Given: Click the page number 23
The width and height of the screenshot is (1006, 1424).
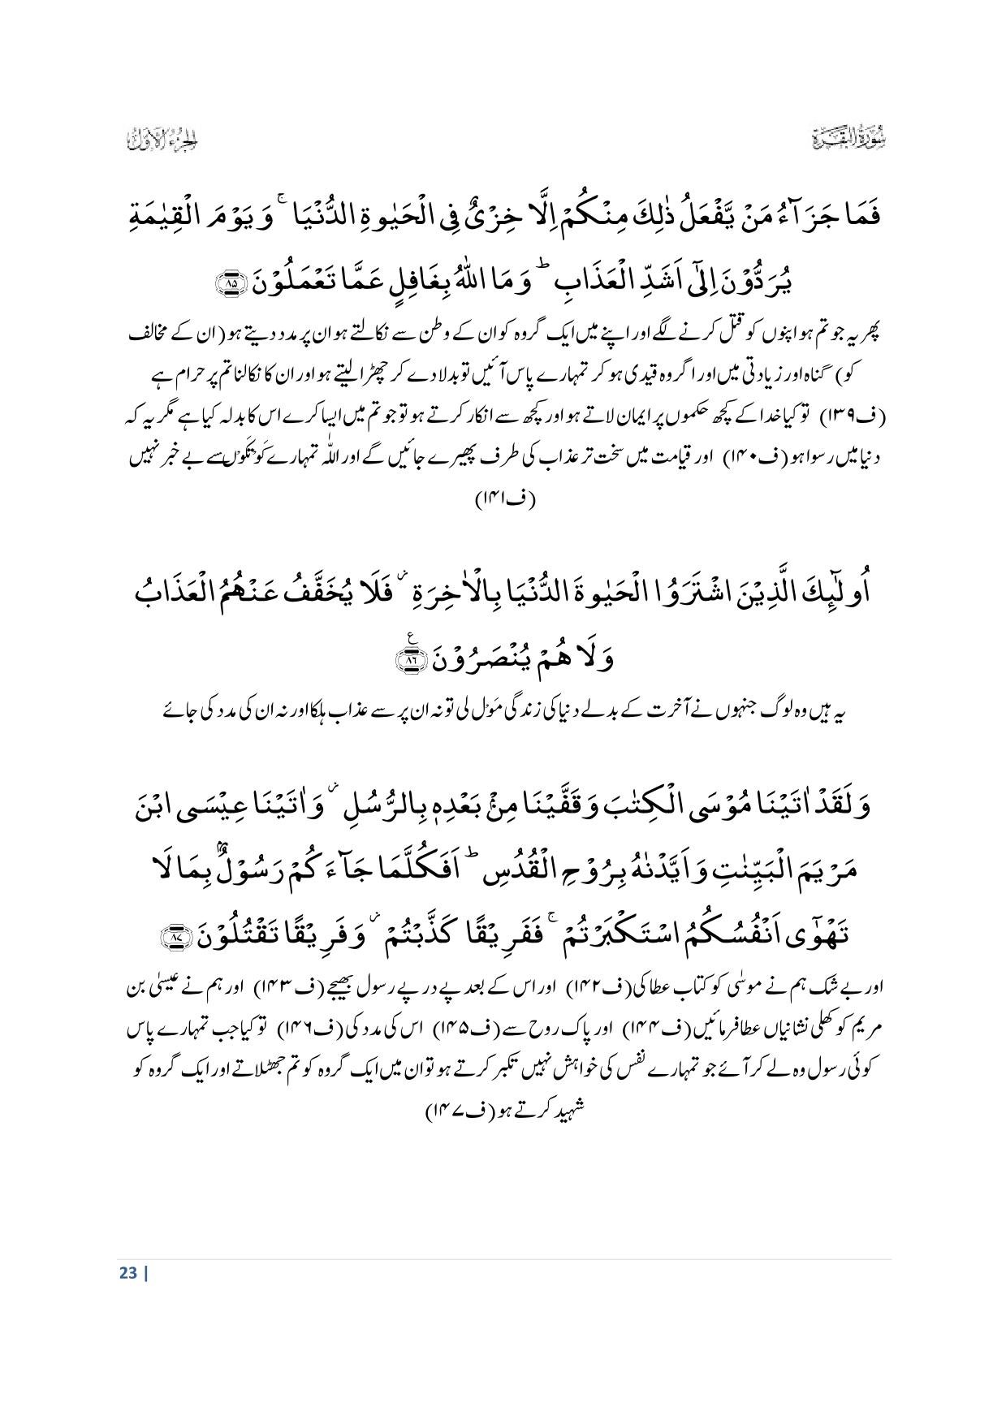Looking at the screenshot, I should click(127, 1272).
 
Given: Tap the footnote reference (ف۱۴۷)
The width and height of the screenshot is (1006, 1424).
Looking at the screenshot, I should click(454, 1110).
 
